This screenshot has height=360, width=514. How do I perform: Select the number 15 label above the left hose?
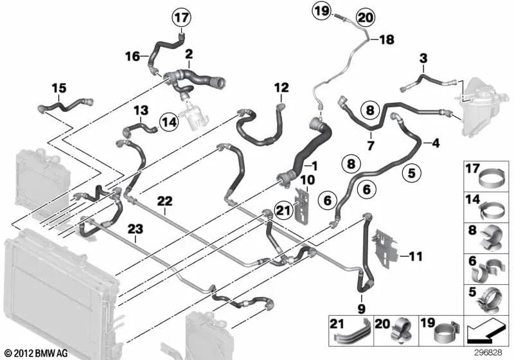pos(59,88)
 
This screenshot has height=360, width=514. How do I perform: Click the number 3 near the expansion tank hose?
pos(423,60)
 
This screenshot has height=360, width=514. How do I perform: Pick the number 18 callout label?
pos(386,40)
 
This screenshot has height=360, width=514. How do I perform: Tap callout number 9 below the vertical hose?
pos(361,309)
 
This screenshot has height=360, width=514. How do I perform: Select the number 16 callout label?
pos(132,57)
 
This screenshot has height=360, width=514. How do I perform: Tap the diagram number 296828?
pos(490,353)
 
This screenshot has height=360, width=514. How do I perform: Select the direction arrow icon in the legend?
pos(484,332)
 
